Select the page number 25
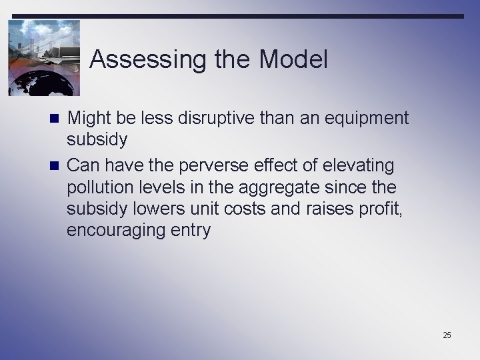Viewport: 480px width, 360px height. [x=447, y=335]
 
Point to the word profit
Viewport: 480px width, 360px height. [x=387, y=209]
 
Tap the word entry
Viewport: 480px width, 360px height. [x=192, y=231]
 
